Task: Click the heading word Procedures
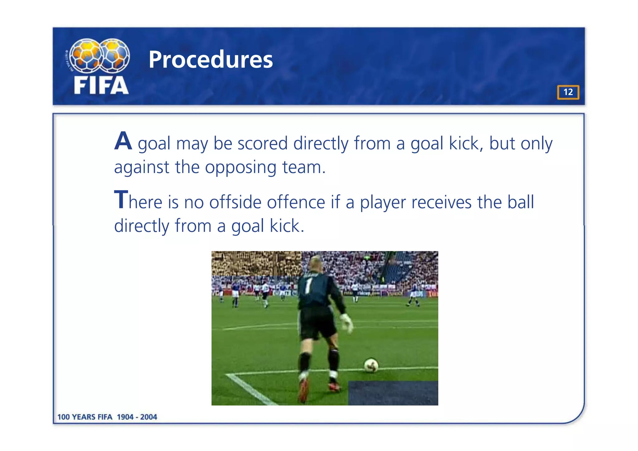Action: pos(211,60)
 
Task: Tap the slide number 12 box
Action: pos(568,92)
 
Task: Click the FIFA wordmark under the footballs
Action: pos(101,85)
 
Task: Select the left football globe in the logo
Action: pos(85,55)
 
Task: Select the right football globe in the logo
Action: pos(114,55)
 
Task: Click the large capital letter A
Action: pos(123,141)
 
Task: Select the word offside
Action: pos(235,202)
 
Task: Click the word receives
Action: pos(441,202)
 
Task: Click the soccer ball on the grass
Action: pos(371,365)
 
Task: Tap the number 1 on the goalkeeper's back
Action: pos(308,285)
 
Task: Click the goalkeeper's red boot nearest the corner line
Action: pos(303,391)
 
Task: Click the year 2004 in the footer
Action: pos(149,417)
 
